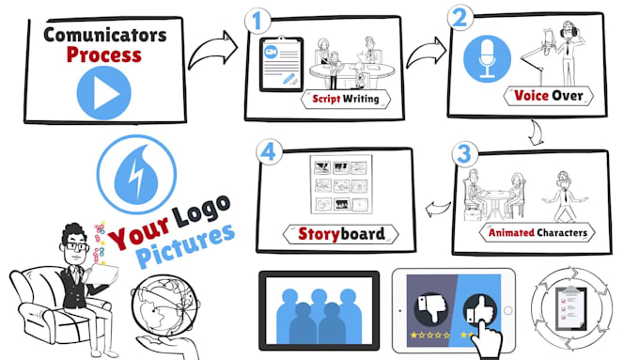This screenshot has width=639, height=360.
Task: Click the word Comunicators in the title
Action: coord(103,35)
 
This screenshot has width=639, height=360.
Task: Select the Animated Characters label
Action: coord(538,232)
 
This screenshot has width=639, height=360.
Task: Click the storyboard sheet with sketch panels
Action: coord(340,187)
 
